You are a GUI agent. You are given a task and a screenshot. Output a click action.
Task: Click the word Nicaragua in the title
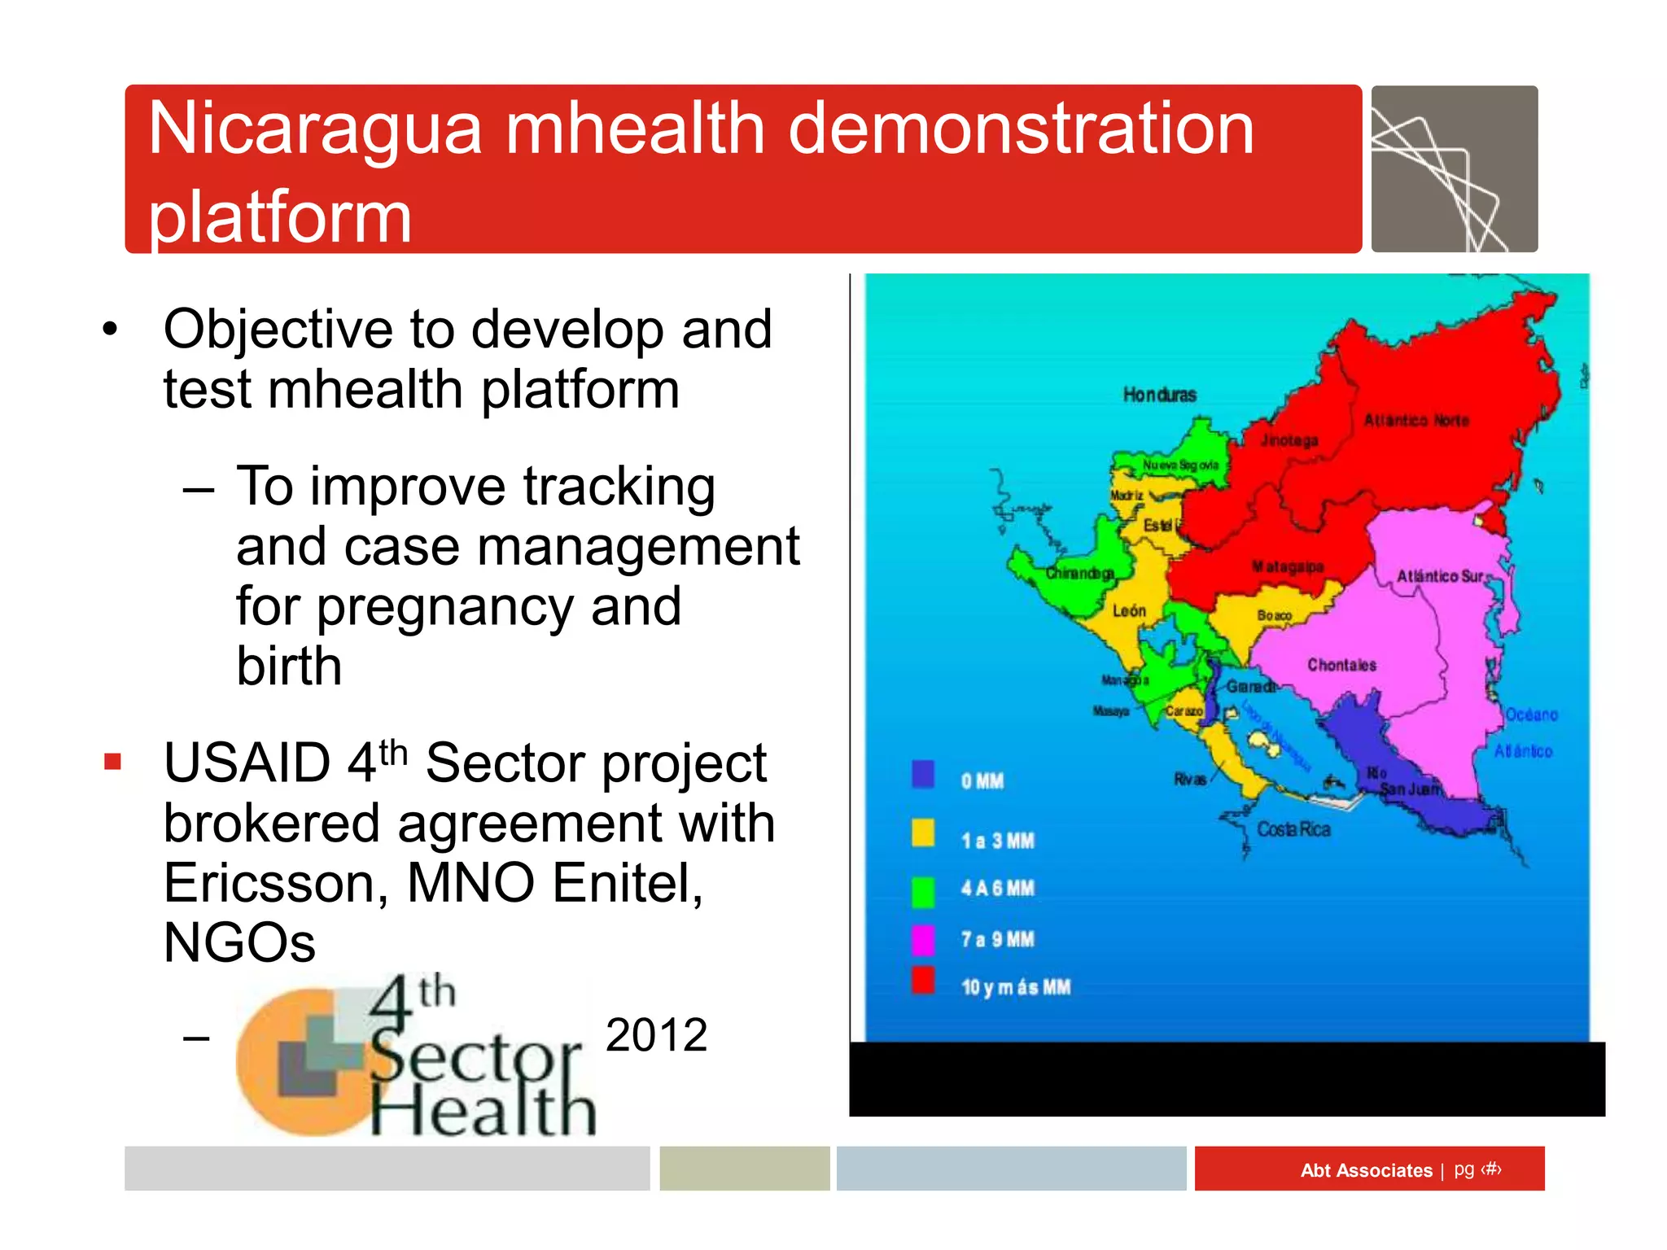tap(316, 130)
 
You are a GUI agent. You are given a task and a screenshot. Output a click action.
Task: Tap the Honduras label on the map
tap(1159, 396)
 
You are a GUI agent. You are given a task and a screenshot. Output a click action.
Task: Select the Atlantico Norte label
tap(1416, 421)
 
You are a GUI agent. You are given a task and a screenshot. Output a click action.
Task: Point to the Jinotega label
tap(1289, 440)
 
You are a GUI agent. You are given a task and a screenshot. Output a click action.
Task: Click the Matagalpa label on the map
tap(1288, 566)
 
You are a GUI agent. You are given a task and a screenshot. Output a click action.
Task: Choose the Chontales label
tap(1341, 665)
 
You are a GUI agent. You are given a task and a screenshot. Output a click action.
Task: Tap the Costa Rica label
tap(1293, 829)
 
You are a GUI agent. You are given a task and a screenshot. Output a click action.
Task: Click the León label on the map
tap(1129, 610)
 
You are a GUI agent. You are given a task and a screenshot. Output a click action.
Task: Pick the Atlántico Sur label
tap(1440, 576)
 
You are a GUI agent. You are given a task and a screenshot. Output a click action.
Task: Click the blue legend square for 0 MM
tap(923, 775)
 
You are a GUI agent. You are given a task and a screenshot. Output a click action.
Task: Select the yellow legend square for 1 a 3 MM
tap(923, 833)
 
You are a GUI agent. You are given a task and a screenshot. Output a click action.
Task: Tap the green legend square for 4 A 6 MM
tap(923, 892)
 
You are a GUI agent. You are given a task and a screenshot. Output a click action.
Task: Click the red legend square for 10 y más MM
tap(923, 981)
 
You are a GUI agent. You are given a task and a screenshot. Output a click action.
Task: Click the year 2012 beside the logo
tap(656, 1035)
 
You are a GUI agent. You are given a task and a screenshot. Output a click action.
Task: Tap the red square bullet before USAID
tap(112, 763)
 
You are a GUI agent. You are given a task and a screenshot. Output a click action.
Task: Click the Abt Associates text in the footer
tap(1366, 1170)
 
